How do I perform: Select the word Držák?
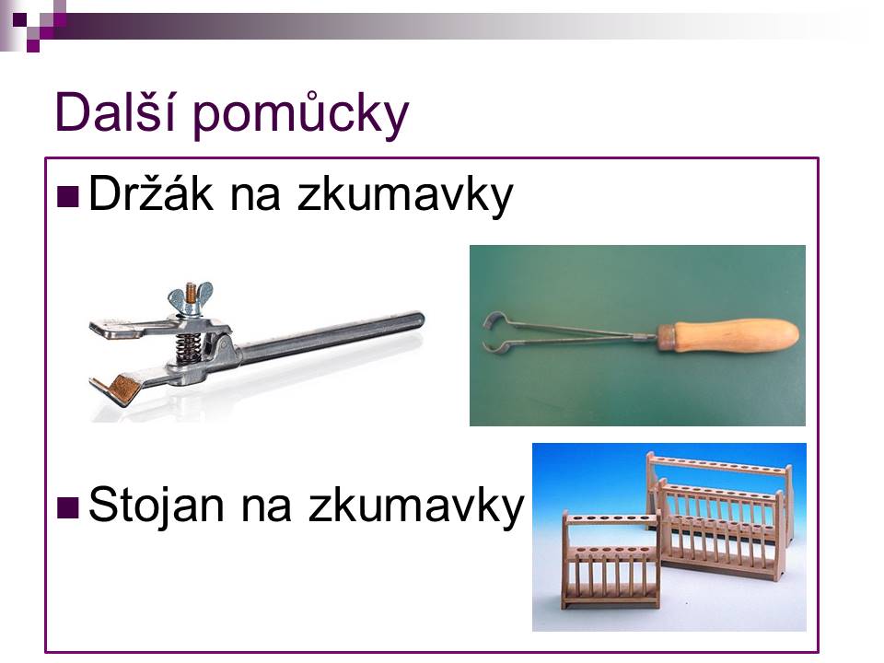coord(151,194)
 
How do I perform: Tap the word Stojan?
coord(157,504)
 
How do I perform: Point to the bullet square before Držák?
coord(67,197)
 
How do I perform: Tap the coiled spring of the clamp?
coord(187,347)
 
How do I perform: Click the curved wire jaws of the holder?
coord(499,333)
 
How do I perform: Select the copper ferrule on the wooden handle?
coord(667,337)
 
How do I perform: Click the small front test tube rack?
coord(611,561)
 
